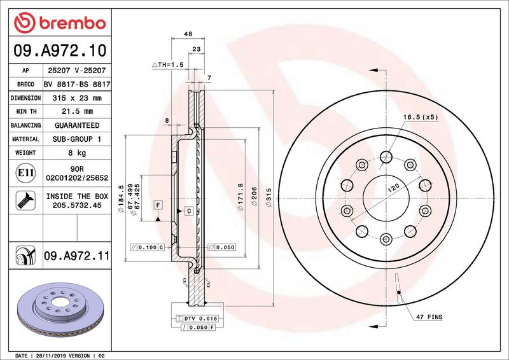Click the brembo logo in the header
60,23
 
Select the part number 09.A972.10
60,51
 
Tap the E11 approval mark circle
25,173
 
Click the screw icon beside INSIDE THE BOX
25,200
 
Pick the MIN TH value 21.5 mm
77,111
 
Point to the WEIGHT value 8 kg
77,153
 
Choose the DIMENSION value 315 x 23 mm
77,98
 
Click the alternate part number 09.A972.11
77,256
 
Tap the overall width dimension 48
188,34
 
